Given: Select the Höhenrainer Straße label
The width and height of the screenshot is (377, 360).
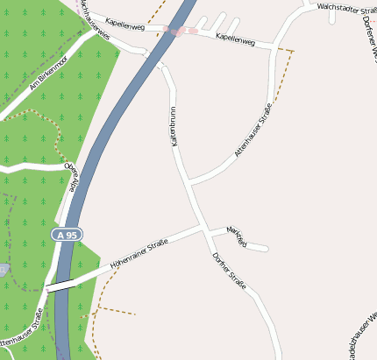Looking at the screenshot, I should point(139,254).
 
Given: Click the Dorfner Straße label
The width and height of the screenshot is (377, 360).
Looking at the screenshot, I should point(229,272).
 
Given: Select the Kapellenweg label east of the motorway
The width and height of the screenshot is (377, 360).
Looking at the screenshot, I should point(234,39).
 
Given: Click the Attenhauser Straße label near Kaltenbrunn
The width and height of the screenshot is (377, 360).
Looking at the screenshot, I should point(253,129).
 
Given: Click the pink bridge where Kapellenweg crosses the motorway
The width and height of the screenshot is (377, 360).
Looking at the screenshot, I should point(180,31).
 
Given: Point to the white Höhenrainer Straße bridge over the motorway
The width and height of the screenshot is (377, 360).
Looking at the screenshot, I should point(60,285).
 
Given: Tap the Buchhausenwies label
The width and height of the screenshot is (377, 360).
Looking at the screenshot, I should point(95,18).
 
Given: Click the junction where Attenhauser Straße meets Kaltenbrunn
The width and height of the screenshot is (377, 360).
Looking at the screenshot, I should point(190,183).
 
